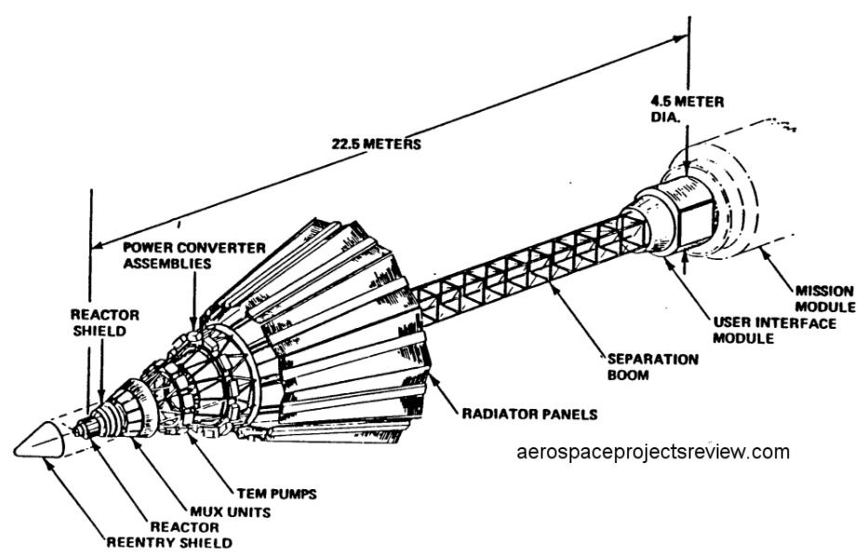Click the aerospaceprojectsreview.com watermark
(x=651, y=453)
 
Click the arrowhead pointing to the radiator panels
(x=429, y=376)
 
